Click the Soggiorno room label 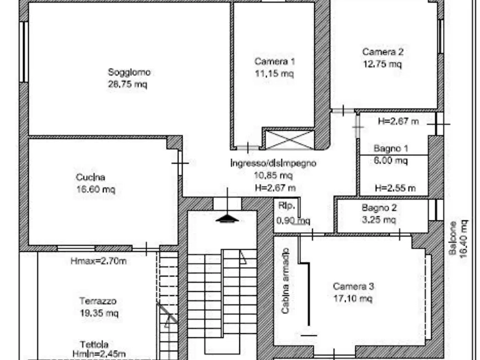pyautogui.click(x=129, y=73)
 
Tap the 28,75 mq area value pyautogui.click(x=127, y=84)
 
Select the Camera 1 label pyautogui.click(x=275, y=62)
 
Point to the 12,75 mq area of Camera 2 pyautogui.click(x=382, y=64)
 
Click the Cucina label pyautogui.click(x=91, y=177)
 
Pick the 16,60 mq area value pyautogui.click(x=96, y=190)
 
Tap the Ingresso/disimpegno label pyautogui.click(x=274, y=163)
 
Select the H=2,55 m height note pyautogui.click(x=395, y=188)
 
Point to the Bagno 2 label pyautogui.click(x=379, y=208)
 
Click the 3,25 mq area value pyautogui.click(x=379, y=220)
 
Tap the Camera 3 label pyautogui.click(x=353, y=286)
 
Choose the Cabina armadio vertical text pyautogui.click(x=285, y=280)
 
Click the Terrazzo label pyautogui.click(x=98, y=301)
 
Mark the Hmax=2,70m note pyautogui.click(x=98, y=261)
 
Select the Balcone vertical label pyautogui.click(x=453, y=238)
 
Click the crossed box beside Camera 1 pyautogui.click(x=290, y=140)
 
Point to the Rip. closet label pyautogui.click(x=287, y=206)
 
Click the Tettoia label pyautogui.click(x=94, y=344)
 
